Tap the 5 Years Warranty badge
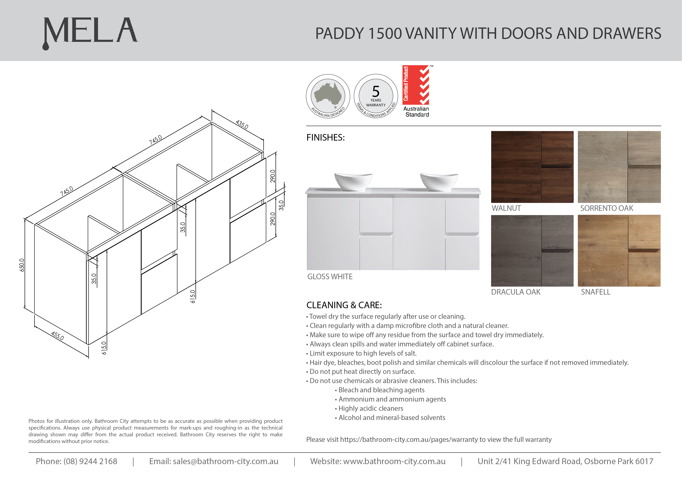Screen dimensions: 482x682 pyautogui.click(x=376, y=96)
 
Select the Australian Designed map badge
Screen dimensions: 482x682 pyautogui.click(x=328, y=96)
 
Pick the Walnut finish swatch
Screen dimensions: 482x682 pyautogui.click(x=532, y=167)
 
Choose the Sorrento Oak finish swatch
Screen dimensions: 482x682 pyautogui.click(x=619, y=167)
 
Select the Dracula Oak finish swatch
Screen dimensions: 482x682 pyautogui.click(x=532, y=251)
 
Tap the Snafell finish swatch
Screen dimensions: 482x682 pyautogui.click(x=619, y=251)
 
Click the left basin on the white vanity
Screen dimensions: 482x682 pyautogui.click(x=353, y=181)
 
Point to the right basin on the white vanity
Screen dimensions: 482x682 pyautogui.click(x=439, y=181)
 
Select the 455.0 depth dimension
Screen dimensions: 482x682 pyautogui.click(x=57, y=336)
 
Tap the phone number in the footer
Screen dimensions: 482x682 pyautogui.click(x=90, y=461)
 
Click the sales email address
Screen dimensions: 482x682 pyautogui.click(x=225, y=461)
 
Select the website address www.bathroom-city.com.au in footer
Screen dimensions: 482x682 pyautogui.click(x=394, y=461)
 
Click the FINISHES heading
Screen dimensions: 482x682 pyautogui.click(x=326, y=138)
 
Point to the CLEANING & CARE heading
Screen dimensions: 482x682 pyautogui.click(x=344, y=305)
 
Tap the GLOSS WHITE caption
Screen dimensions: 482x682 pyautogui.click(x=330, y=277)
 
